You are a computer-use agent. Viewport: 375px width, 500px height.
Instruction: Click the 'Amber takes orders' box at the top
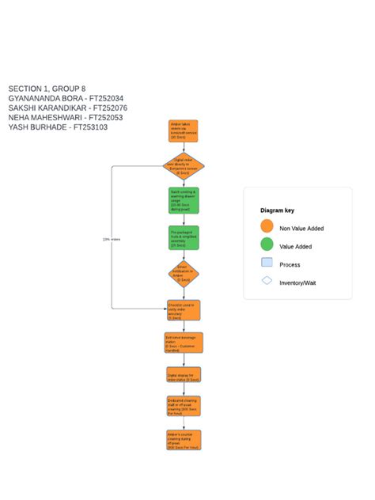(184, 130)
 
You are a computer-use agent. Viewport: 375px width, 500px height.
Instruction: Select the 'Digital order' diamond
(184, 167)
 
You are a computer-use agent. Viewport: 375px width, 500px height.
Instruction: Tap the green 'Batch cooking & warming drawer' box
(184, 201)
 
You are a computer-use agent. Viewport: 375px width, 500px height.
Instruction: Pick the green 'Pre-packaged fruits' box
(184, 237)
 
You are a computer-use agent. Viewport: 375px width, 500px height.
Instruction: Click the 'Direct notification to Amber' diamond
(184, 274)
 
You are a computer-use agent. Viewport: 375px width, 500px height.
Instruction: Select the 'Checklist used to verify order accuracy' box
(184, 309)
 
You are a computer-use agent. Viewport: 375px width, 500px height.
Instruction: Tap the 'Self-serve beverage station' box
(184, 343)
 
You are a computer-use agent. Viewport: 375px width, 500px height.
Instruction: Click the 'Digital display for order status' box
(184, 374)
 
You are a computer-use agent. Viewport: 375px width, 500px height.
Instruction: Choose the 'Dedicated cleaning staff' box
(184, 406)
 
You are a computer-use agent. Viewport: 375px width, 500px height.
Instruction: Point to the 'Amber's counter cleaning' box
(184, 440)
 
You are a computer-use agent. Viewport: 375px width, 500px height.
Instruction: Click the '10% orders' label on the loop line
(112, 238)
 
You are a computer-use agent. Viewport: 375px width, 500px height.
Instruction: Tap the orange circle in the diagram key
(267, 227)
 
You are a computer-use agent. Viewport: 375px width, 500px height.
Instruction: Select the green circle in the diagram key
(267, 245)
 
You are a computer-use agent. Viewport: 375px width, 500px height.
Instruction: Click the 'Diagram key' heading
(277, 210)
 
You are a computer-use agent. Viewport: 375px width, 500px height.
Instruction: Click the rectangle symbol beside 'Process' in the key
(267, 263)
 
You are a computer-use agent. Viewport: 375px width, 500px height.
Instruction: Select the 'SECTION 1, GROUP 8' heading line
(47, 89)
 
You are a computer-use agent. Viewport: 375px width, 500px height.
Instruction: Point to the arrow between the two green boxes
(184, 220)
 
